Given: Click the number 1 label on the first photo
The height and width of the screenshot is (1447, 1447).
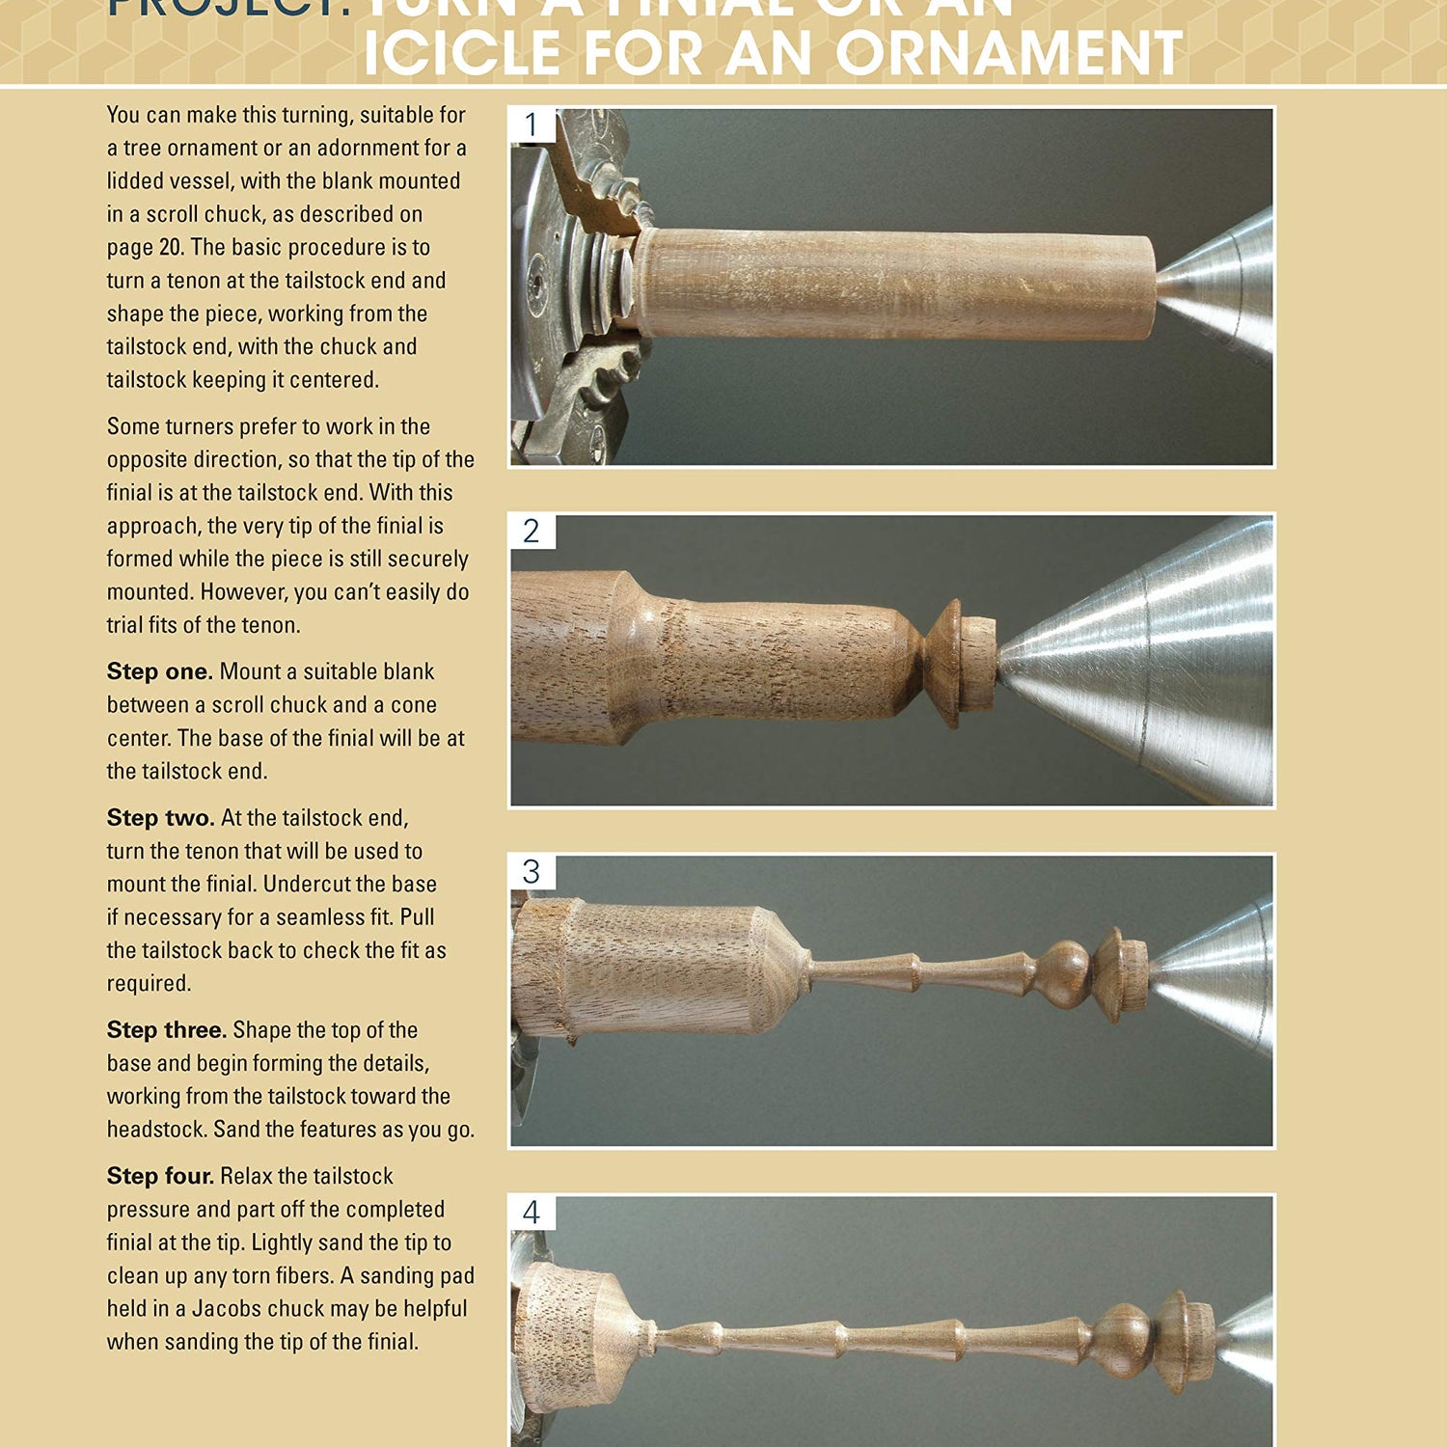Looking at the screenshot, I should (x=532, y=125).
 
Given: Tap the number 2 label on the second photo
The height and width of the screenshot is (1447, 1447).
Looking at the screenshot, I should (x=532, y=532).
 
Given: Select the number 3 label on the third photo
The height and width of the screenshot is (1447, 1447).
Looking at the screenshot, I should (x=532, y=872).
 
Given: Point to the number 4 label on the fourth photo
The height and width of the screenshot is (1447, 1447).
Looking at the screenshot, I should (x=532, y=1213).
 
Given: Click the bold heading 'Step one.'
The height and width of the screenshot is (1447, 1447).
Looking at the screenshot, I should (x=159, y=671).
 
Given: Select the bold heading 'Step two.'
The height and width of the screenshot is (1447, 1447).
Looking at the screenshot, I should (x=160, y=818).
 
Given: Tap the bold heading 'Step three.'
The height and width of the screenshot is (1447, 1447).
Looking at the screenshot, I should (x=166, y=1030).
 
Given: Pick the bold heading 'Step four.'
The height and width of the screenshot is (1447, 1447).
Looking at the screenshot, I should (x=160, y=1176).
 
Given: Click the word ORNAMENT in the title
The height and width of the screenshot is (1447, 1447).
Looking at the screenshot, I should (x=1008, y=53).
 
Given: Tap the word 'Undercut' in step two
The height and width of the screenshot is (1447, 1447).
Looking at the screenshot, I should (x=305, y=885).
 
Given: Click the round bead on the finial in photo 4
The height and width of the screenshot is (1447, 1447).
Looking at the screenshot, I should (x=1123, y=1341).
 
